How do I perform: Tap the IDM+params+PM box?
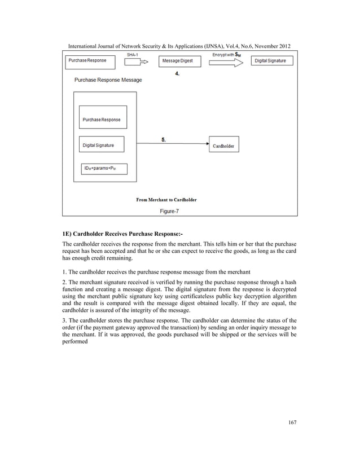[104, 169]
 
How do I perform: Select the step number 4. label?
[177, 74]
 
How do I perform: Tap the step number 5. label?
[164, 140]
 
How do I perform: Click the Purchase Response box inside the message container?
[102, 120]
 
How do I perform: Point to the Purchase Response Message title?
[108, 80]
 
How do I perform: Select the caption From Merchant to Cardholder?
[166, 200]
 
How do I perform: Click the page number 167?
[292, 423]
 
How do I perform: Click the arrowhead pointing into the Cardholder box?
[207, 144]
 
